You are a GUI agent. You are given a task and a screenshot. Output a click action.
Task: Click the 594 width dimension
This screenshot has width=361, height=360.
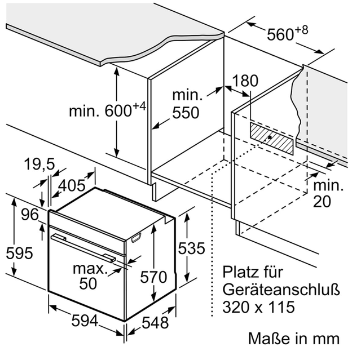pyautogui.click(x=85, y=321)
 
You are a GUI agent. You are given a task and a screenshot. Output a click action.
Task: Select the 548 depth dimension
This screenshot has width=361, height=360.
pyautogui.click(x=155, y=322)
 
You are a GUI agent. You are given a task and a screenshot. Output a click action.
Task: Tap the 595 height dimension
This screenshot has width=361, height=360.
pyautogui.click(x=19, y=253)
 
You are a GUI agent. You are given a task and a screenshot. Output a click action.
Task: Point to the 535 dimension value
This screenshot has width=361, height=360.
pyautogui.click(x=191, y=248)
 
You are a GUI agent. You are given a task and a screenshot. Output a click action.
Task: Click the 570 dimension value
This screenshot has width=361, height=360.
pyautogui.click(x=153, y=277)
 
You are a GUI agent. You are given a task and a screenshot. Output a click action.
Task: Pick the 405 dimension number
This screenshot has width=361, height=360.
pyautogui.click(x=72, y=185)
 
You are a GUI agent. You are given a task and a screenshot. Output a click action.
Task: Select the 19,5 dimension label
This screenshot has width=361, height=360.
pyautogui.click(x=39, y=165)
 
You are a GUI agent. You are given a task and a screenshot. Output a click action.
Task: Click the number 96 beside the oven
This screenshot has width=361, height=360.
pyautogui.click(x=30, y=215)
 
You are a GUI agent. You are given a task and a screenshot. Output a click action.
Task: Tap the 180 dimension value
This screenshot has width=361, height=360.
pyautogui.click(x=245, y=81)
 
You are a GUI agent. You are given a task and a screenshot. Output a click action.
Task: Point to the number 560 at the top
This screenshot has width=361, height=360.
pyautogui.click(x=280, y=35)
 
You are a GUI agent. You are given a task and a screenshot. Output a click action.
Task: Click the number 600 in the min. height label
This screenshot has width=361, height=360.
pyautogui.click(x=118, y=111)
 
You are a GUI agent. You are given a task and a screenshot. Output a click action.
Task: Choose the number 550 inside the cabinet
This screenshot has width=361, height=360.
pyautogui.click(x=186, y=113)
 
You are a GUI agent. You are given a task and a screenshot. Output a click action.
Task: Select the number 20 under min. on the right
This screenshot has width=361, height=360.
pyautogui.click(x=322, y=201)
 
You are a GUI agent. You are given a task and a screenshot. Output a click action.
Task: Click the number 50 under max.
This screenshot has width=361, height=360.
pyautogui.click(x=88, y=283)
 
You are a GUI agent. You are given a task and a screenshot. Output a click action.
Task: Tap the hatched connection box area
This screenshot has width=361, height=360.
pyautogui.click(x=272, y=138)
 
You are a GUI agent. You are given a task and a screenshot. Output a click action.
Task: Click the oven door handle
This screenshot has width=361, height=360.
pyautogui.click(x=83, y=248)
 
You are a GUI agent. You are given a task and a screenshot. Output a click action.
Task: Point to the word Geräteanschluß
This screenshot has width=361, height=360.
pyautogui.click(x=281, y=290)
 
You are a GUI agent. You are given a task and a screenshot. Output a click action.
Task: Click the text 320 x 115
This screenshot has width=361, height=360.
pyautogui.click(x=258, y=306)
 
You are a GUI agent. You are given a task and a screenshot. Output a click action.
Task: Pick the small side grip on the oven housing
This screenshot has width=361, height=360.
pyautogui.click(x=136, y=238)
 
